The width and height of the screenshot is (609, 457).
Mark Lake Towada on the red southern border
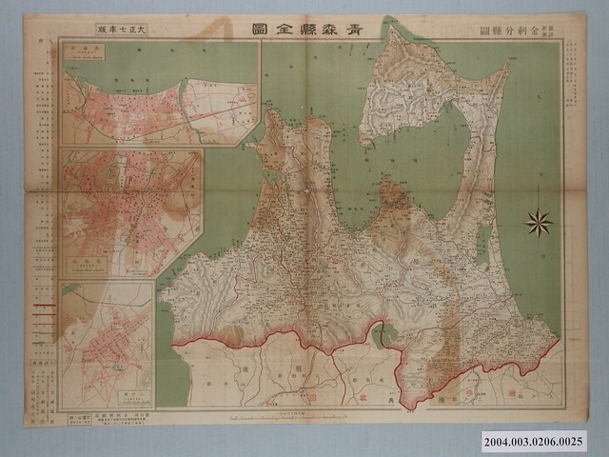pos(386,334)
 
